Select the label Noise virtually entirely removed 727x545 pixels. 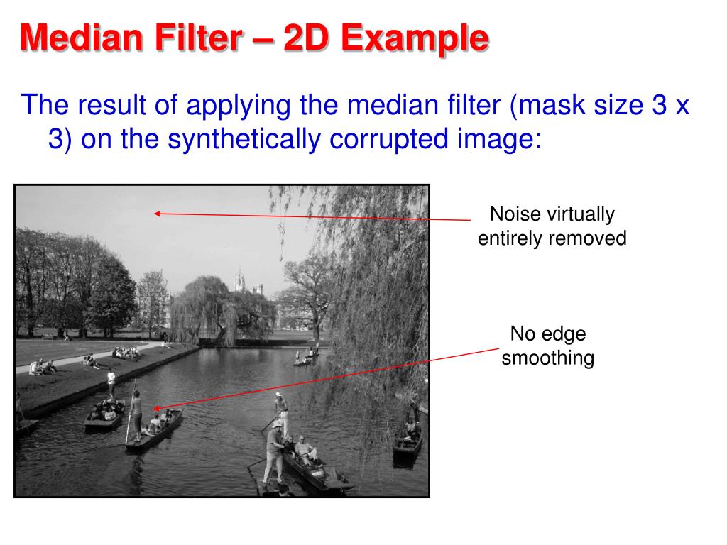click(552, 226)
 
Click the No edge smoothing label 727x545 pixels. click(547, 346)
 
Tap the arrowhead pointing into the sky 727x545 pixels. click(157, 213)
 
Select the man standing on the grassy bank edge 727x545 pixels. click(111, 383)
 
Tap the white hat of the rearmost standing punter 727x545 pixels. click(279, 395)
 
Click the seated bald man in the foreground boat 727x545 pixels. click(304, 448)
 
